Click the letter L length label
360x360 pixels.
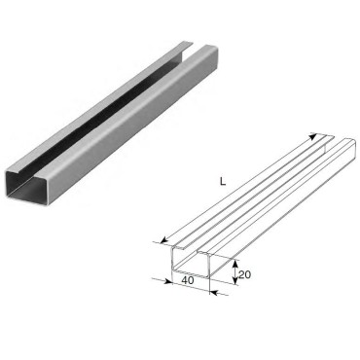pyautogui.click(x=223, y=182)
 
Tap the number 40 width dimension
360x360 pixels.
pyautogui.click(x=188, y=280)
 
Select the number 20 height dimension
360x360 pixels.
pyautogui.click(x=245, y=274)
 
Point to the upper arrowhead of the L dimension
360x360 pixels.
pyautogui.click(x=312, y=136)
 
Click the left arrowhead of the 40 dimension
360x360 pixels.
pyautogui.click(x=167, y=281)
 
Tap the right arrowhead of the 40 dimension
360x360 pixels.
pyautogui.click(x=214, y=293)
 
